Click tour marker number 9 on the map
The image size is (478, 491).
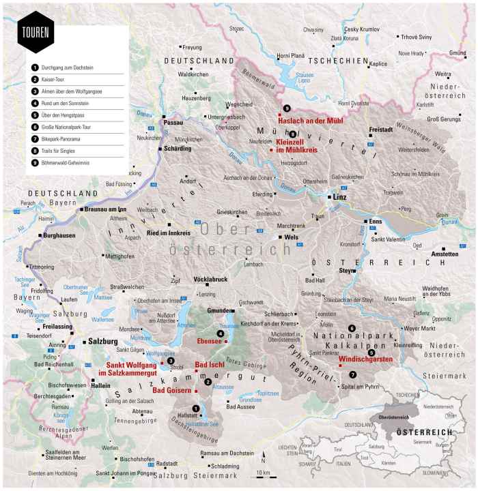tap(287, 108)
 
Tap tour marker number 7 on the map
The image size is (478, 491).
tap(352, 374)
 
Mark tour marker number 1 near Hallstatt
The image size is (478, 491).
tap(196, 408)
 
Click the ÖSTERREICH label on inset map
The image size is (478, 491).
tap(425, 432)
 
